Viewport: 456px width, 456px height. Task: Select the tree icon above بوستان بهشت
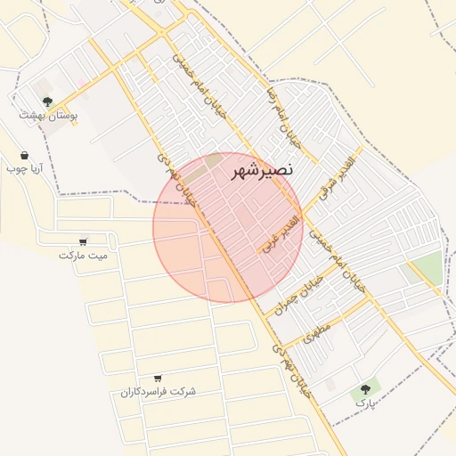click(47, 102)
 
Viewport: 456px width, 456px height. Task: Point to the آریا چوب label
click(25, 167)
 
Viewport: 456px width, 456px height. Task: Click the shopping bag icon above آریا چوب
click(24, 154)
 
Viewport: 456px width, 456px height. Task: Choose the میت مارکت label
click(83, 255)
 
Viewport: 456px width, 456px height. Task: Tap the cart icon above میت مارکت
click(83, 240)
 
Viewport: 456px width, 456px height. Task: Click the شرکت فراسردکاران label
click(159, 392)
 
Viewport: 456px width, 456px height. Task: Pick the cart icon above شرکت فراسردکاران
click(158, 379)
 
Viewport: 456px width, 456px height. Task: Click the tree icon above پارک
click(365, 389)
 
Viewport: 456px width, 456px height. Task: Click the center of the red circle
click(228, 228)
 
